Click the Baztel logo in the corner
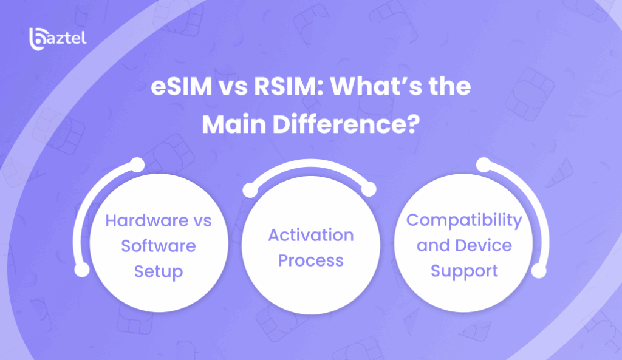pyautogui.click(x=58, y=39)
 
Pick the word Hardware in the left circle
pyautogui.click(x=147, y=220)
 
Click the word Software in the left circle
pyautogui.click(x=159, y=246)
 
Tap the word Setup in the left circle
pyautogui.click(x=159, y=272)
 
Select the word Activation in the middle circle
pyautogui.click(x=311, y=235)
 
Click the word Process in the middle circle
pyautogui.click(x=311, y=260)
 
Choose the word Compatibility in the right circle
pyautogui.click(x=464, y=220)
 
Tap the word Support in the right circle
pyautogui.click(x=464, y=271)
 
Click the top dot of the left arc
pyautogui.click(x=137, y=165)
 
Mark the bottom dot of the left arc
pyautogui.click(x=82, y=270)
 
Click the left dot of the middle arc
pyautogui.click(x=250, y=190)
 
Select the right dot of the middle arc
pyautogui.click(x=369, y=189)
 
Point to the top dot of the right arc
pyautogui.click(x=484, y=165)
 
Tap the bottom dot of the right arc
pyautogui.click(x=539, y=271)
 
